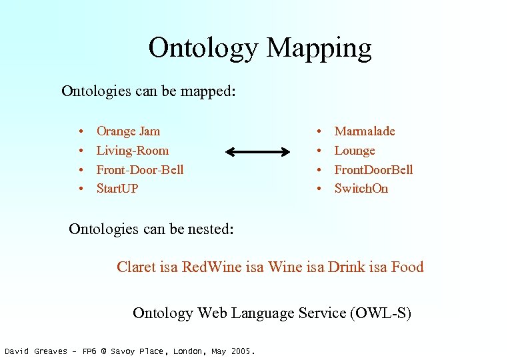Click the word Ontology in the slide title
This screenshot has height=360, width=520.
203,49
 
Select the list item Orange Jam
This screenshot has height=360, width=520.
128,131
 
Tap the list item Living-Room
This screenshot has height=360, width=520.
132,151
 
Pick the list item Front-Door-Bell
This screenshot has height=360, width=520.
139,170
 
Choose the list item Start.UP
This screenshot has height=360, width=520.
117,189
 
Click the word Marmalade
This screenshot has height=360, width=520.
364,131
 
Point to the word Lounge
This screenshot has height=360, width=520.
355,151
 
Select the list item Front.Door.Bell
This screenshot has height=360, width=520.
373,170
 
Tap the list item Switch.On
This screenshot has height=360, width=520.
361,189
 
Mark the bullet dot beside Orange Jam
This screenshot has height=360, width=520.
80,132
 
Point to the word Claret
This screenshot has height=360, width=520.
137,267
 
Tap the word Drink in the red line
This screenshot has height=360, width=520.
346,267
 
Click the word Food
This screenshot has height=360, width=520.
407,267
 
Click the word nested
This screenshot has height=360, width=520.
210,229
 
